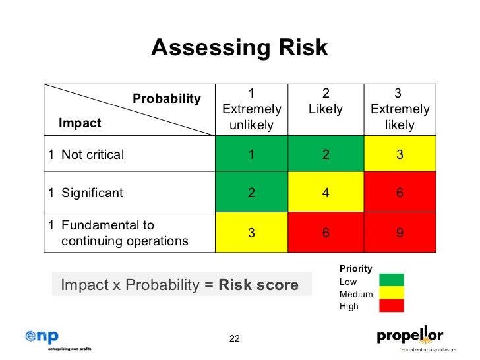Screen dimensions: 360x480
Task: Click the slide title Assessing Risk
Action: tap(239, 47)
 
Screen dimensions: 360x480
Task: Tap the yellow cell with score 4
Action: tap(325, 193)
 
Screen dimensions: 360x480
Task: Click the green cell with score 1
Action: tap(251, 155)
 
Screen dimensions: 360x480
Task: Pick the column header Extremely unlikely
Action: tap(252, 109)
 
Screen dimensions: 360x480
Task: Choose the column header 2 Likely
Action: tap(325, 102)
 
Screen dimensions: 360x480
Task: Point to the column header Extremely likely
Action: tap(400, 109)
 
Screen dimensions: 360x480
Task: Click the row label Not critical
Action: tap(92, 155)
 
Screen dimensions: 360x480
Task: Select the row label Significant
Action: tap(92, 193)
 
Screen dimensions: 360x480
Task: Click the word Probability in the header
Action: tap(167, 99)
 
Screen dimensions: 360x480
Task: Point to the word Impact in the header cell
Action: tap(80, 123)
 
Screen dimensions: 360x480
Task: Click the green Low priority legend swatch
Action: tap(391, 280)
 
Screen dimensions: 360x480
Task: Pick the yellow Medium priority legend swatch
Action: tap(391, 293)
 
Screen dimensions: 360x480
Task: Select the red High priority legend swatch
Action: tap(391, 305)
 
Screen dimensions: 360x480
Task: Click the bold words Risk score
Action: tap(258, 285)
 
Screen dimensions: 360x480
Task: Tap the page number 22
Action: tap(234, 338)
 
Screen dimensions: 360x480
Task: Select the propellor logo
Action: tap(409, 338)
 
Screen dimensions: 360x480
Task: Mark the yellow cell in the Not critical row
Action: tap(400, 155)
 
